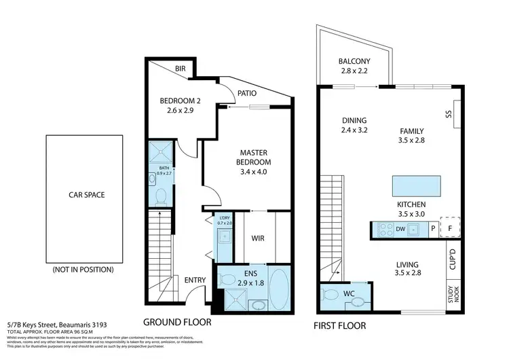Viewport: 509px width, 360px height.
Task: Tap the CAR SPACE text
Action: point(86,194)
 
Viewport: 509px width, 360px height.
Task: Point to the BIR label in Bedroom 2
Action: point(180,69)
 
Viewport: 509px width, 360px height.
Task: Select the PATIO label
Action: point(248,95)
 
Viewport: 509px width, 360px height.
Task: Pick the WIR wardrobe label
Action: point(257,238)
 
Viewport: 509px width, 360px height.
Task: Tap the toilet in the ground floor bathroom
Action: point(162,197)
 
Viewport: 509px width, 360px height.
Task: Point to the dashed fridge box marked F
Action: point(449,229)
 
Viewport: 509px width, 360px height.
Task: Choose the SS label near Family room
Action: point(449,114)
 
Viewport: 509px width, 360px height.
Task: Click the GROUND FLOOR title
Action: point(176,322)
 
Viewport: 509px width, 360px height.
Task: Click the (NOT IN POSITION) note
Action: point(83,270)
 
